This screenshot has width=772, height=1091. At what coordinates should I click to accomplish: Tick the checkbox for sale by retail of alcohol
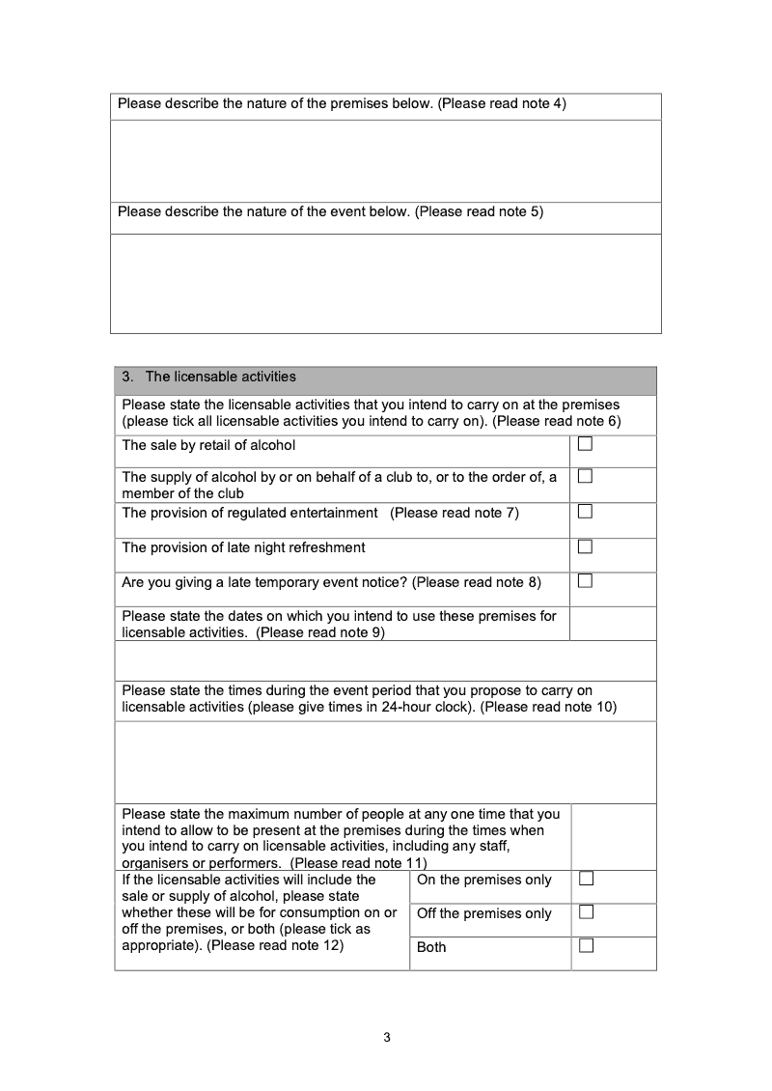pos(585,444)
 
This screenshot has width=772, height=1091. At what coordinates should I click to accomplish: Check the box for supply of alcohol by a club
pos(585,476)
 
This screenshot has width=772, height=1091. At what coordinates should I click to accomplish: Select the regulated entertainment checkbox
pos(585,512)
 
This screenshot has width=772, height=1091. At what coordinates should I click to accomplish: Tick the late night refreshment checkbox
pos(585,546)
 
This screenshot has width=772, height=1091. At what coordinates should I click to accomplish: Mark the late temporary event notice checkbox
pos(585,581)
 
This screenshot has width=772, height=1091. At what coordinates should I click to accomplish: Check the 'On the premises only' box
pos(586,879)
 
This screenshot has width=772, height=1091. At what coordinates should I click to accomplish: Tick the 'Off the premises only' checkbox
pos(586,912)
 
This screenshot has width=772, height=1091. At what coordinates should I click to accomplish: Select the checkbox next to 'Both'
pos(586,946)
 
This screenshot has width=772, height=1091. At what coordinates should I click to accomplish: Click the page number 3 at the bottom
pos(386,1038)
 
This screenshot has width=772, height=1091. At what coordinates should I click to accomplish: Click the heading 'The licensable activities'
pos(221,377)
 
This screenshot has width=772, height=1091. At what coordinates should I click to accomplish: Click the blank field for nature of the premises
pos(386,160)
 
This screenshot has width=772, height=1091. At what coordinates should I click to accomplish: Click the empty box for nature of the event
pos(386,283)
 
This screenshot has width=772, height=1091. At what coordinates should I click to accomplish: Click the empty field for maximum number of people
pos(613,836)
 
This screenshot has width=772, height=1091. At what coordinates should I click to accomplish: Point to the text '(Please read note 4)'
pos(502,103)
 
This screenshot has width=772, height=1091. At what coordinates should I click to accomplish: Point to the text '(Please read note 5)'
pos(479,211)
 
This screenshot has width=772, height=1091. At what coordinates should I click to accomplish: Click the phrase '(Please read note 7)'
pos(455,513)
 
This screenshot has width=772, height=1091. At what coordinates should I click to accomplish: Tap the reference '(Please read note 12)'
pos(275,945)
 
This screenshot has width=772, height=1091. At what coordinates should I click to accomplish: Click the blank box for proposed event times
pos(386,762)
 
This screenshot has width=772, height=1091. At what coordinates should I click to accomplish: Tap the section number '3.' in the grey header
pos(127,377)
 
